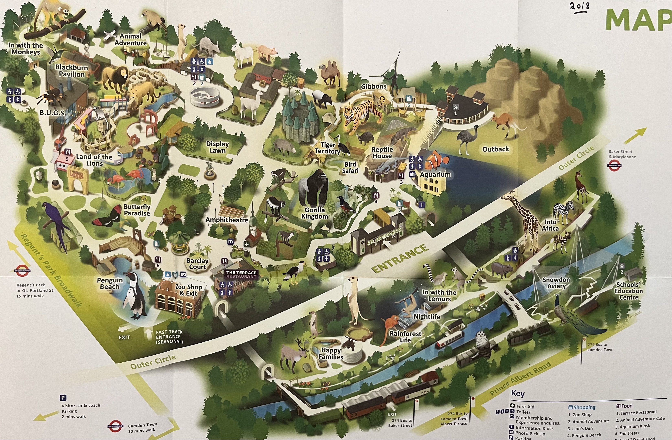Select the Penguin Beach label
tap(110, 283)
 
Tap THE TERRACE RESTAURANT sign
tap(241, 274)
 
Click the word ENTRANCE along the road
tap(400, 258)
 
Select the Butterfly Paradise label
tap(137, 210)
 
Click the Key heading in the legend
tap(518, 393)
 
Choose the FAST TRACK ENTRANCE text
tap(169, 337)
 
